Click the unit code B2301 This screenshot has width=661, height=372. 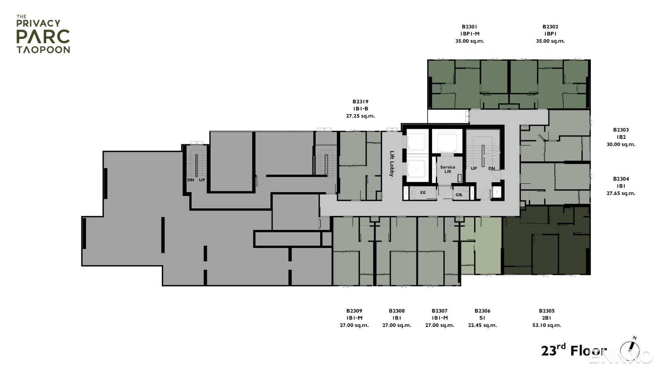click(x=469, y=27)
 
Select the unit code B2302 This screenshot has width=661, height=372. click(x=550, y=27)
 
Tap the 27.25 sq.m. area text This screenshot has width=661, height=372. click(x=360, y=116)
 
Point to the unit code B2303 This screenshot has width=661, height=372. click(x=621, y=130)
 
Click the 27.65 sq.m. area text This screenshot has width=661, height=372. click(x=621, y=193)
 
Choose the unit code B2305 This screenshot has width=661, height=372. click(x=547, y=311)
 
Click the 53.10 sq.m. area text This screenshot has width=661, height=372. click(x=547, y=325)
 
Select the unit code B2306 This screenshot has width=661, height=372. click(x=482, y=311)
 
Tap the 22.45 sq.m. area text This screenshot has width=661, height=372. click(x=482, y=325)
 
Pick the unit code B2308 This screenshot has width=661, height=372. click(x=397, y=311)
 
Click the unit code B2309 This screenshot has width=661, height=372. click(x=354, y=311)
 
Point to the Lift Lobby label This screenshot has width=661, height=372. click(x=392, y=164)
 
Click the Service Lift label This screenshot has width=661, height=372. click(x=447, y=169)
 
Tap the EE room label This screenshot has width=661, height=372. click(x=423, y=193)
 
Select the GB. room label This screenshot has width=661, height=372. click(x=459, y=194)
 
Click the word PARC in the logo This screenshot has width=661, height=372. click(x=43, y=37)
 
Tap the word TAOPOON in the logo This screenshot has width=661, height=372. click(x=43, y=50)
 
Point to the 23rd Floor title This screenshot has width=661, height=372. click(x=573, y=350)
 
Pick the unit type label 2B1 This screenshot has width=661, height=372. click(x=547, y=318)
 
